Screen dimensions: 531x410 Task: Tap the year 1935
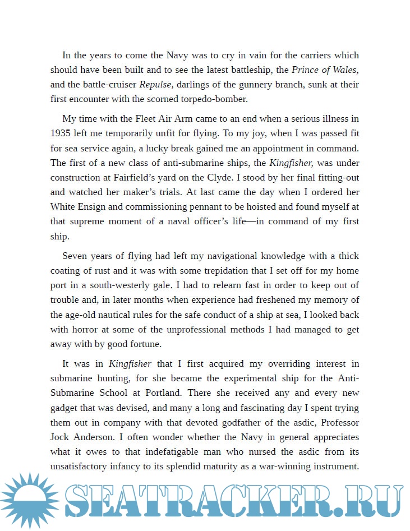coord(61,134)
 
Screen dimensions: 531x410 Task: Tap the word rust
coord(102,271)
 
